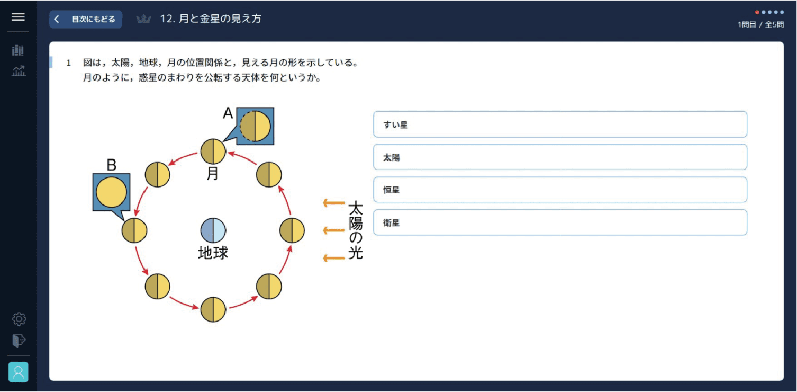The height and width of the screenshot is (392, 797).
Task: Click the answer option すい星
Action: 560,124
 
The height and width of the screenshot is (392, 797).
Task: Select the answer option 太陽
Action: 560,157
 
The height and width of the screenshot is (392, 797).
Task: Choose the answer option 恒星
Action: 560,190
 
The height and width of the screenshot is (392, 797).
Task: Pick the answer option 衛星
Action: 560,222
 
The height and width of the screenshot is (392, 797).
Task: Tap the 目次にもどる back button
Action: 86,19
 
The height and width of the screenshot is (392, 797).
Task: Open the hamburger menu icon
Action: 18,17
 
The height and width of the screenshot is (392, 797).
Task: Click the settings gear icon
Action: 19,319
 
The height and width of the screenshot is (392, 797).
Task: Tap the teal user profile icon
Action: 18,372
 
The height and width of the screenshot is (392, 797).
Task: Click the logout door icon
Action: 19,341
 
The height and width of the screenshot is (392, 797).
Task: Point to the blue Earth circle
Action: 213,230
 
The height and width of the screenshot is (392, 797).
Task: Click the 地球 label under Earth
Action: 213,253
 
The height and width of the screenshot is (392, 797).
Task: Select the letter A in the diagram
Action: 228,113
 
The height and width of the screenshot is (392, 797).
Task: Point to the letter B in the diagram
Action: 111,165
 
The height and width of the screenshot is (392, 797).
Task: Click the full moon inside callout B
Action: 111,192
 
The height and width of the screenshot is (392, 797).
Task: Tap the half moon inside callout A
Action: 255,126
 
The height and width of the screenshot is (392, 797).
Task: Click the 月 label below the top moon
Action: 213,174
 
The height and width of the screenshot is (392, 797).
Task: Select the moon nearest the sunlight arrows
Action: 292,230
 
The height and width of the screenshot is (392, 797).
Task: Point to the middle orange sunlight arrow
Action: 334,230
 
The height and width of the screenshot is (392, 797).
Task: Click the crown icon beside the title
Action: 144,19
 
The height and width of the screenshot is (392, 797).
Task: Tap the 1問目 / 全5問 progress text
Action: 760,24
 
